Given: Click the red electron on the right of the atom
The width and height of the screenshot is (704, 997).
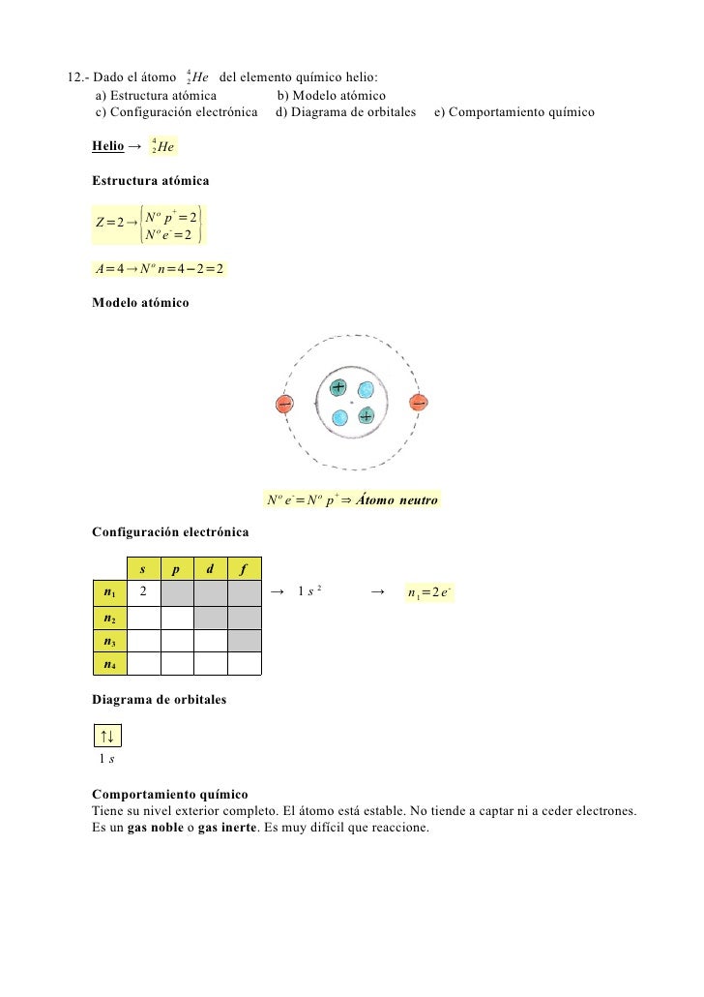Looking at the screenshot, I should pyautogui.click(x=419, y=403).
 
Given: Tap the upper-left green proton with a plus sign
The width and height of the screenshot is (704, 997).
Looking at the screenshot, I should pyautogui.click(x=337, y=387).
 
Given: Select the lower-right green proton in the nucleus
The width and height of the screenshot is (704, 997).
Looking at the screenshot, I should pyautogui.click(x=366, y=416).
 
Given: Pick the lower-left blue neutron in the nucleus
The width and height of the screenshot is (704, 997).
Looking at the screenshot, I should pyautogui.click(x=339, y=417).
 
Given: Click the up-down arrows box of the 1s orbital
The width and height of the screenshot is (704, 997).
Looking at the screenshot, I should pyautogui.click(x=106, y=737).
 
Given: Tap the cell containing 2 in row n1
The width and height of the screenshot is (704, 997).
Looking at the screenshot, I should pyautogui.click(x=143, y=591).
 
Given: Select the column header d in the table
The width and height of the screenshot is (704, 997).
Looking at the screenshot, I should pyautogui.click(x=210, y=568).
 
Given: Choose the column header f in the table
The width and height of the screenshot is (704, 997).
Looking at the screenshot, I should pyautogui.click(x=244, y=568).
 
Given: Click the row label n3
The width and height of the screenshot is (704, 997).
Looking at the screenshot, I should pyautogui.click(x=109, y=640).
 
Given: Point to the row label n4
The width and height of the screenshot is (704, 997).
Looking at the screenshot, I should pyautogui.click(x=109, y=663).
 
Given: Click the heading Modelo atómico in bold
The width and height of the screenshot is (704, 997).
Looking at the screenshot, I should pyautogui.click(x=140, y=303).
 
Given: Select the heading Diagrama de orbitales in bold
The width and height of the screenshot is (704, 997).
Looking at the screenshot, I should pyautogui.click(x=159, y=699).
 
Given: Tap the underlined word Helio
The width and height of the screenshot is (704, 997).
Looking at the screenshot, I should pyautogui.click(x=107, y=146).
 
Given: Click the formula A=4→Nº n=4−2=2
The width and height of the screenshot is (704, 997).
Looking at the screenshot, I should pyautogui.click(x=159, y=268).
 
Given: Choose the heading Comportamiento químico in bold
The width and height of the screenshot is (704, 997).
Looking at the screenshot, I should pyautogui.click(x=169, y=793).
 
